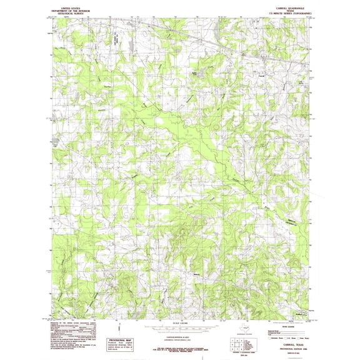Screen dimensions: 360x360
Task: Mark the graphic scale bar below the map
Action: point(176,326)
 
